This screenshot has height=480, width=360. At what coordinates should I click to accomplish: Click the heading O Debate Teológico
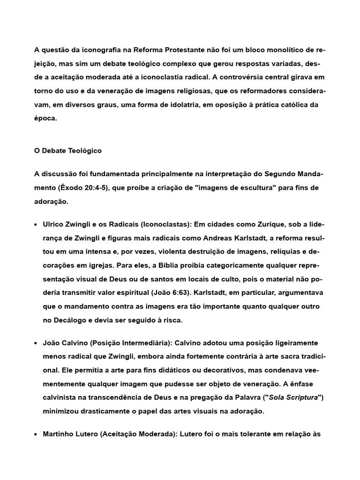68,151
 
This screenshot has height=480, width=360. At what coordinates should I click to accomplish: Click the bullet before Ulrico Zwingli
36,225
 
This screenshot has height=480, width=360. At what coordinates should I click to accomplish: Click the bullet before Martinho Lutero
36,435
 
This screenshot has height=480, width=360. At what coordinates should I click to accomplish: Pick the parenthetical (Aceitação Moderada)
136,435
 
